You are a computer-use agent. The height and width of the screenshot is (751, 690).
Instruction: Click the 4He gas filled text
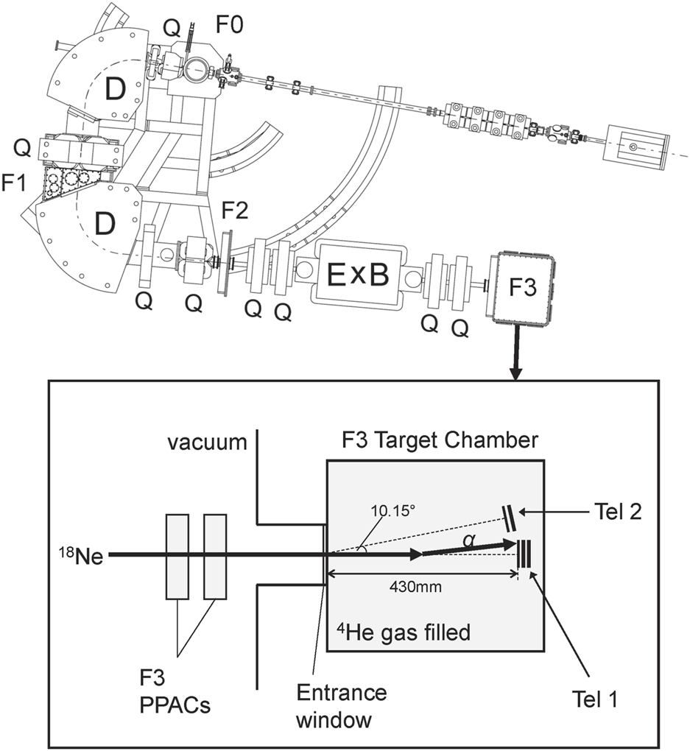[x=404, y=632]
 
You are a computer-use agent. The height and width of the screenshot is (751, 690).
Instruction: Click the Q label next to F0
[x=170, y=27]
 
